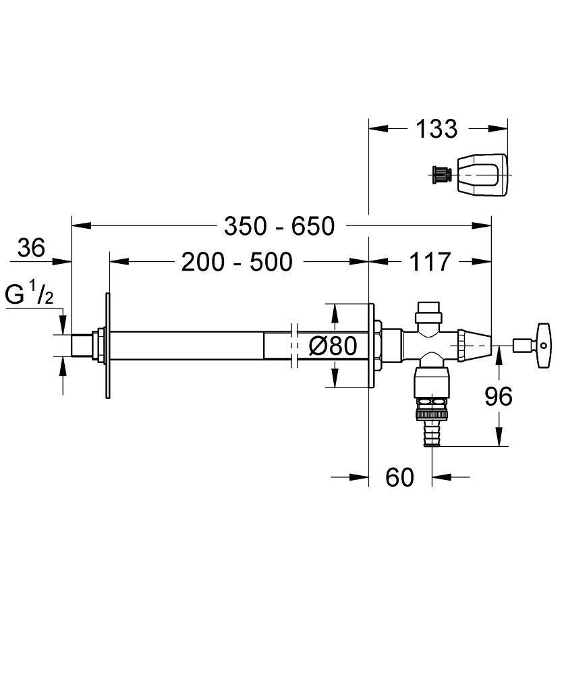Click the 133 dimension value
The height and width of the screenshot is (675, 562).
[x=437, y=128]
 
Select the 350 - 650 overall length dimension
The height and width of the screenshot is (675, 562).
[x=279, y=226]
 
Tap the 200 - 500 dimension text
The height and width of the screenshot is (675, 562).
[x=237, y=261]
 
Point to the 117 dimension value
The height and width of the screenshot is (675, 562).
[x=429, y=261]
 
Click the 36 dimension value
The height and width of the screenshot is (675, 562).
[x=31, y=248]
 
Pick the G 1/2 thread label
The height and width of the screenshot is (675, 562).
[x=30, y=295]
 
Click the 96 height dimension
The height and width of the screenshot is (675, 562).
[x=499, y=397]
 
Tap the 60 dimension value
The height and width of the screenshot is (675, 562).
[x=399, y=478]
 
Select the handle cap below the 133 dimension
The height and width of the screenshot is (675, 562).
[x=482, y=175]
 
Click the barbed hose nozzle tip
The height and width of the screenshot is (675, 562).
[x=431, y=432]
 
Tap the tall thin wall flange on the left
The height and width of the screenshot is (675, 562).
[x=107, y=345]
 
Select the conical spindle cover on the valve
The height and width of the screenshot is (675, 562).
[x=474, y=345]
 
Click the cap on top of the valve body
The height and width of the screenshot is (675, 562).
[x=429, y=311]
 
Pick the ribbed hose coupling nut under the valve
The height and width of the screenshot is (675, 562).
[x=430, y=404]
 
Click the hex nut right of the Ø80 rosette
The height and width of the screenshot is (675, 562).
[x=379, y=345]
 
